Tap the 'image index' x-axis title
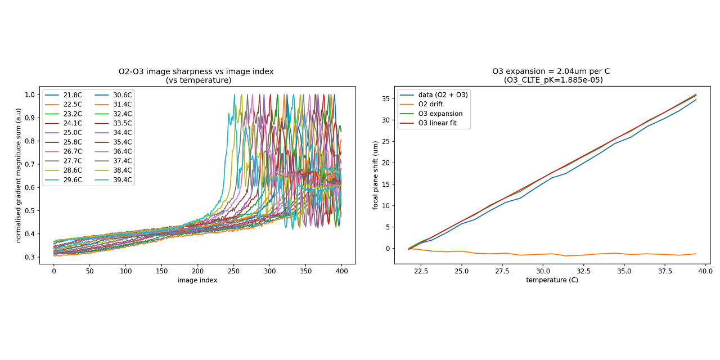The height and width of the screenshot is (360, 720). [x=197, y=280]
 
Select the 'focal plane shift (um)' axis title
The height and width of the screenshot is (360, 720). [x=376, y=175]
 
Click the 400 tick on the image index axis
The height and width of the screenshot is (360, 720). [x=341, y=271]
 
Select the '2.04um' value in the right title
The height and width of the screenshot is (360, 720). [x=562, y=71]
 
